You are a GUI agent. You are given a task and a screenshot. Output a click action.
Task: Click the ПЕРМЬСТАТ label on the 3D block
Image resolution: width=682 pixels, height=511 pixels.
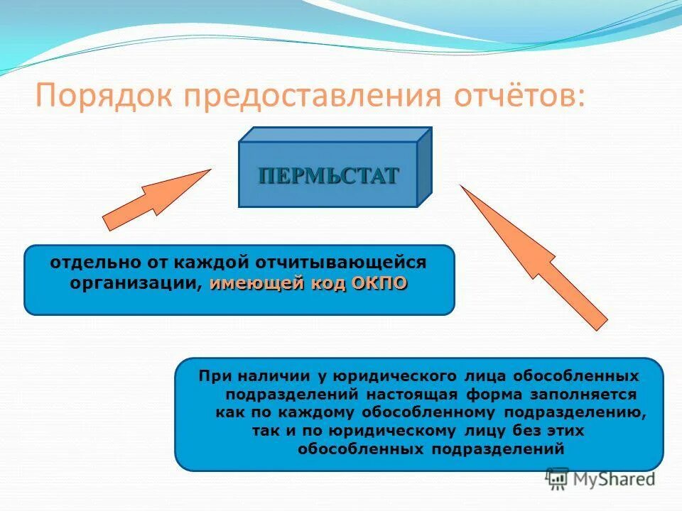(328, 175)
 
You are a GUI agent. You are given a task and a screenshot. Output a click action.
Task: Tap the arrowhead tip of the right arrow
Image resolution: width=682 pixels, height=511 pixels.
(463, 189)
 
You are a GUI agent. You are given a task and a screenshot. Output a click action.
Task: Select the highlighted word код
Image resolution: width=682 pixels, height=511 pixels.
(329, 283)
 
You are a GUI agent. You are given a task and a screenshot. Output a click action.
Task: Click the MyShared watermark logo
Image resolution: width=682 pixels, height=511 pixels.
(600, 479)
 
